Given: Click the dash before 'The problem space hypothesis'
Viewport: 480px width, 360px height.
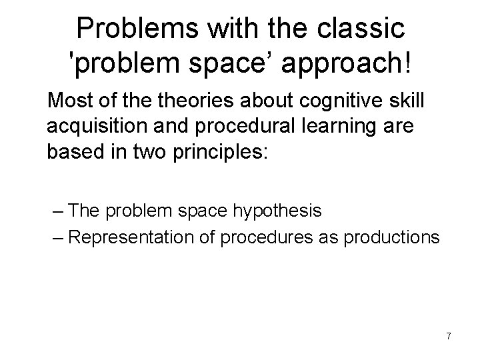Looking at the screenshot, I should pyautogui.click(x=57, y=211).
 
